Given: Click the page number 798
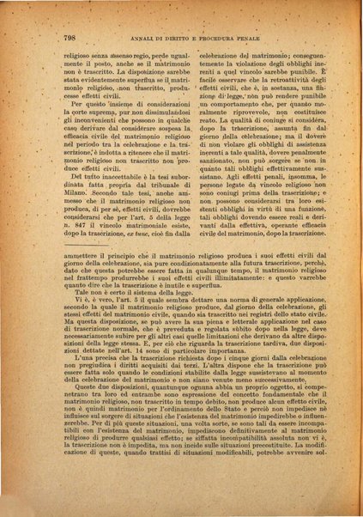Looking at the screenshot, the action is tap(71, 38).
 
